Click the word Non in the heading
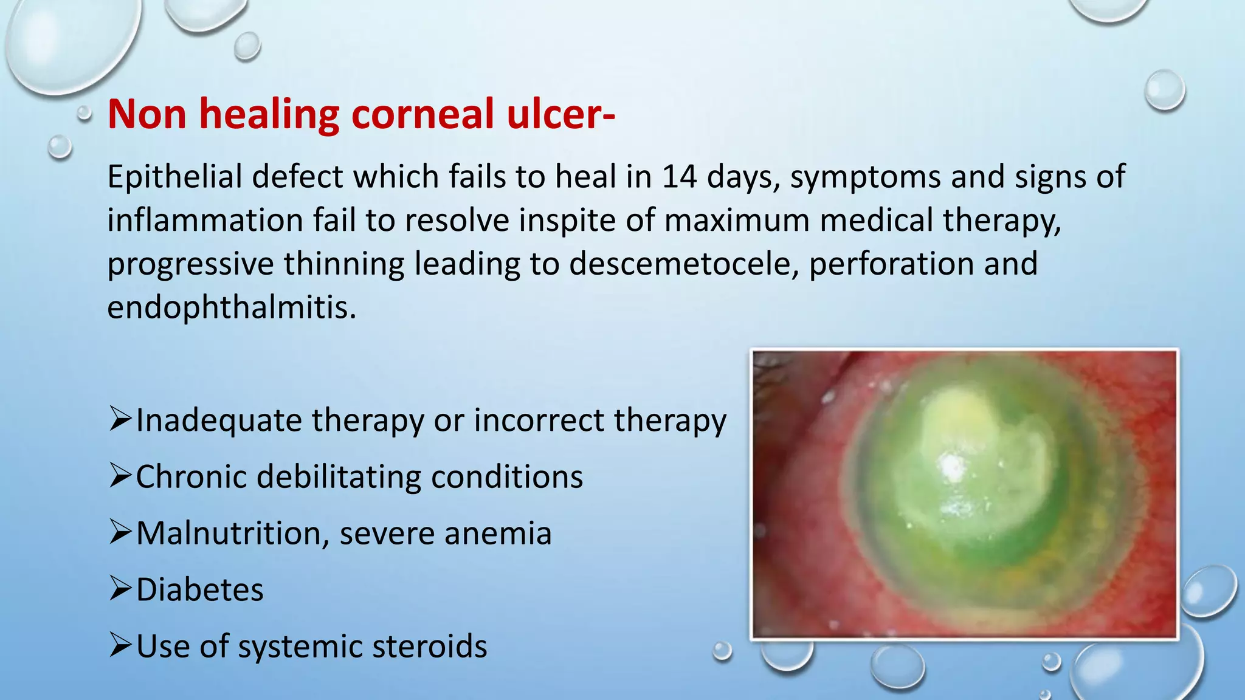(x=147, y=114)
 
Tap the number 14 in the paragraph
(x=679, y=177)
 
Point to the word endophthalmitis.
(x=232, y=308)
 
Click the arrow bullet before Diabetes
(x=120, y=589)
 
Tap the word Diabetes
(x=200, y=590)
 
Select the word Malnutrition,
(x=232, y=534)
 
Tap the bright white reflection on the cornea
(x=952, y=466)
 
